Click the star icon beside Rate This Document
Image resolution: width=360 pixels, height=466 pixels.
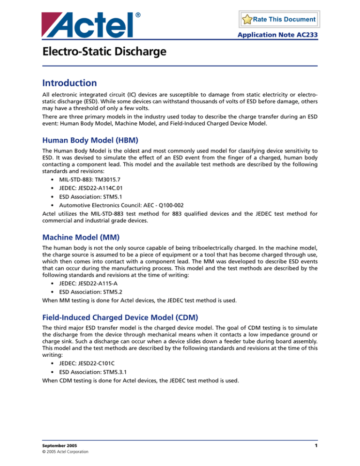[247, 20]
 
